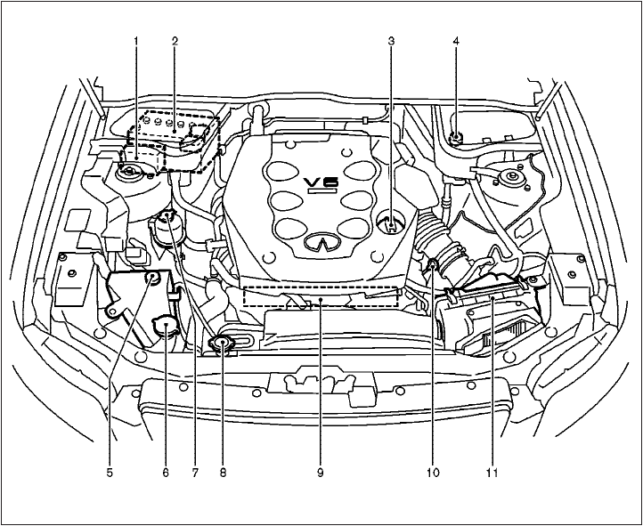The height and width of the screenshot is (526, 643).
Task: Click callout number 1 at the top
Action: coord(136,41)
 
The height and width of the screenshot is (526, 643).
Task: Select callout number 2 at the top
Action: coord(175,41)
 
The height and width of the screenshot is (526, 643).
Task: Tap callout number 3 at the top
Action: coord(392,41)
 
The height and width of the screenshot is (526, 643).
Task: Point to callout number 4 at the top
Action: coord(456,41)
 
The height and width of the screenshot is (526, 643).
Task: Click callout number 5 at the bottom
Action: coord(110,473)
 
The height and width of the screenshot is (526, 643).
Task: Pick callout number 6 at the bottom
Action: coord(166,473)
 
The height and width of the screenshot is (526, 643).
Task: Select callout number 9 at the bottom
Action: coord(319,473)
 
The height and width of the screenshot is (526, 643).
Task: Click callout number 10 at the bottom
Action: coord(433,473)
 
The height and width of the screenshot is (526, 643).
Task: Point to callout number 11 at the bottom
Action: coord(491,473)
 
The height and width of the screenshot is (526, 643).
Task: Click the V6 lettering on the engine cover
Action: coord(319,183)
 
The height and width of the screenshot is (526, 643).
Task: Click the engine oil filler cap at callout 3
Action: coord(392,224)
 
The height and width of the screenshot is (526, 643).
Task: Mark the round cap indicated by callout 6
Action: coord(166,328)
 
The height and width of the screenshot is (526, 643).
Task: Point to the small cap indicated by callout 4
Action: coord(456,137)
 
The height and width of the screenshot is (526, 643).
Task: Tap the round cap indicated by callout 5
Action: coord(153,279)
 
